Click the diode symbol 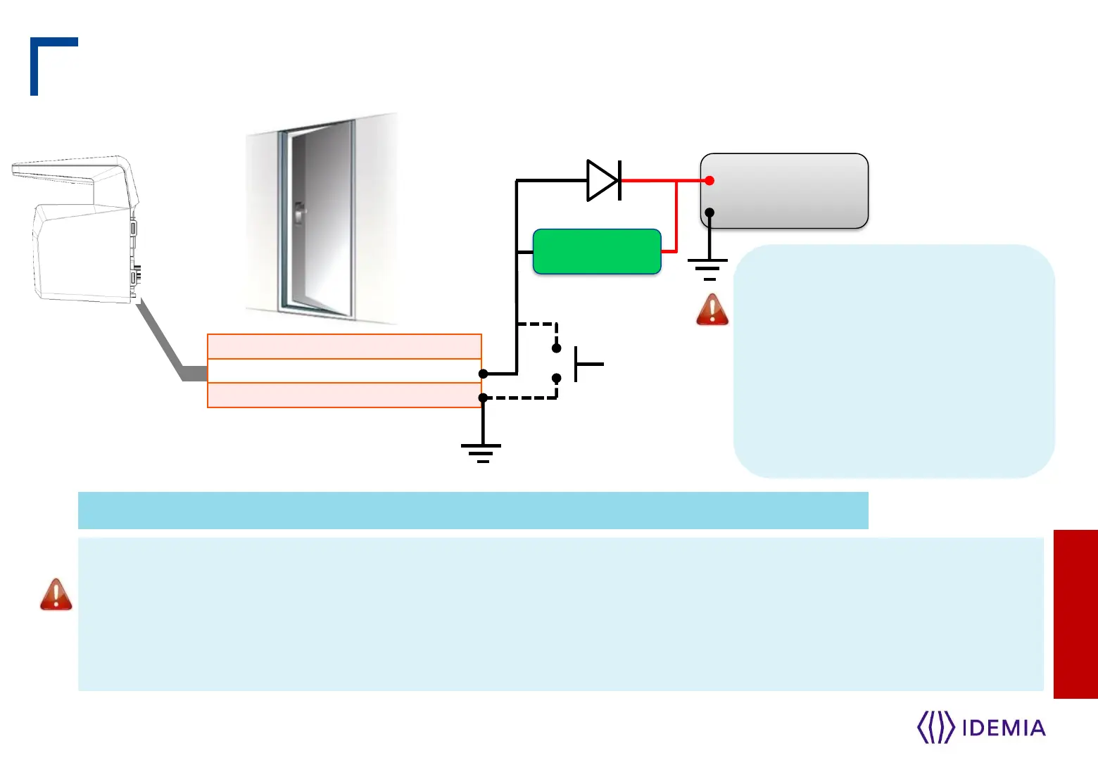pos(603,180)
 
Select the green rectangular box pos(597,251)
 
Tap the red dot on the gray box pos(709,181)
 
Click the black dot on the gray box pos(709,212)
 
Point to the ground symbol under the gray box pos(708,268)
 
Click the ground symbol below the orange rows pos(481,452)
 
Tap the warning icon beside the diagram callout pos(712,310)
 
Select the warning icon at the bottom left pos(56,595)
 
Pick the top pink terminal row pos(344,346)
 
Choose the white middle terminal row pos(344,371)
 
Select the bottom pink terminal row pos(344,395)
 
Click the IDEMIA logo pos(981,727)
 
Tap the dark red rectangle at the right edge pos(1075,614)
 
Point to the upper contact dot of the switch pos(556,348)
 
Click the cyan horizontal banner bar pos(473,510)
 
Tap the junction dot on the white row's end pos(483,374)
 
